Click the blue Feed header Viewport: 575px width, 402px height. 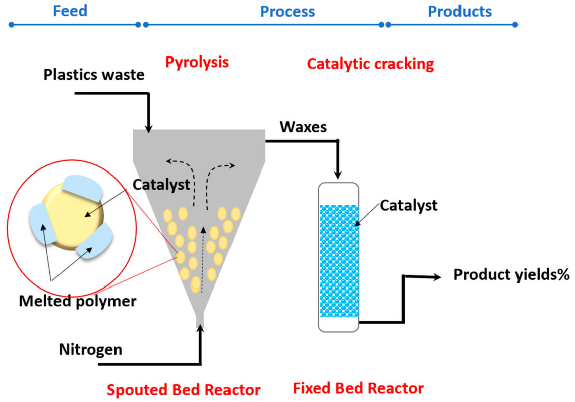70,11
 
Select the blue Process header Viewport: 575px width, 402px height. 287,11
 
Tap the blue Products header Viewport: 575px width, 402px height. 459,11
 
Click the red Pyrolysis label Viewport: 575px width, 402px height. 197,62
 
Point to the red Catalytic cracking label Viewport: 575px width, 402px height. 370,64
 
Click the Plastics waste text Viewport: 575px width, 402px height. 94,75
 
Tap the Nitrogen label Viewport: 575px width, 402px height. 90,349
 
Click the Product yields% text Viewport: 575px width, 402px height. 511,275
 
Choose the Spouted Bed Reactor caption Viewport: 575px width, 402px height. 183,390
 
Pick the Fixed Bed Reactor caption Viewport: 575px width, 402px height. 358,388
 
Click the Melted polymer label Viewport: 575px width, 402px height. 78,301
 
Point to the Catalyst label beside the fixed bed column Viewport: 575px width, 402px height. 409,205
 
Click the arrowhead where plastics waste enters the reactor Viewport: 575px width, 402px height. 148,128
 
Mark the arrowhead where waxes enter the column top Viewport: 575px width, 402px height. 338,176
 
